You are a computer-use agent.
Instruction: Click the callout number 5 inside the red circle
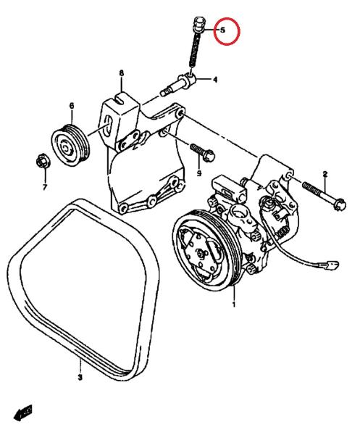pos(223,30)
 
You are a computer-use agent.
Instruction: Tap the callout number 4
pos(215,80)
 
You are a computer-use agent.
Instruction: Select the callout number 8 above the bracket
pos(122,73)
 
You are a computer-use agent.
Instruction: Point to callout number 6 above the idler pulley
pos(72,106)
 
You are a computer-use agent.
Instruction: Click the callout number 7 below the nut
pos(45,187)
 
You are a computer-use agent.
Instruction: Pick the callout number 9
pos(199,173)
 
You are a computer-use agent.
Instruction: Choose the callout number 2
pos(325,174)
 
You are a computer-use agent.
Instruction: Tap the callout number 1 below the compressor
pos(234,304)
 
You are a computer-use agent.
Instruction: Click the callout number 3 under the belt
pos(80,377)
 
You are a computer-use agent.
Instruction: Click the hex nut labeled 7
pos(43,161)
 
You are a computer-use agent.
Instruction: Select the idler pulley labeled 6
pos(70,145)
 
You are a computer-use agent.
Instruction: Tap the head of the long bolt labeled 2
pos(340,204)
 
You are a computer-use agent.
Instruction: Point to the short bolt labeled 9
pos(203,152)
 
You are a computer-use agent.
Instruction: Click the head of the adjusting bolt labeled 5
pos(198,25)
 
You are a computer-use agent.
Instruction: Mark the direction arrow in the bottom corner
pos(22,413)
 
